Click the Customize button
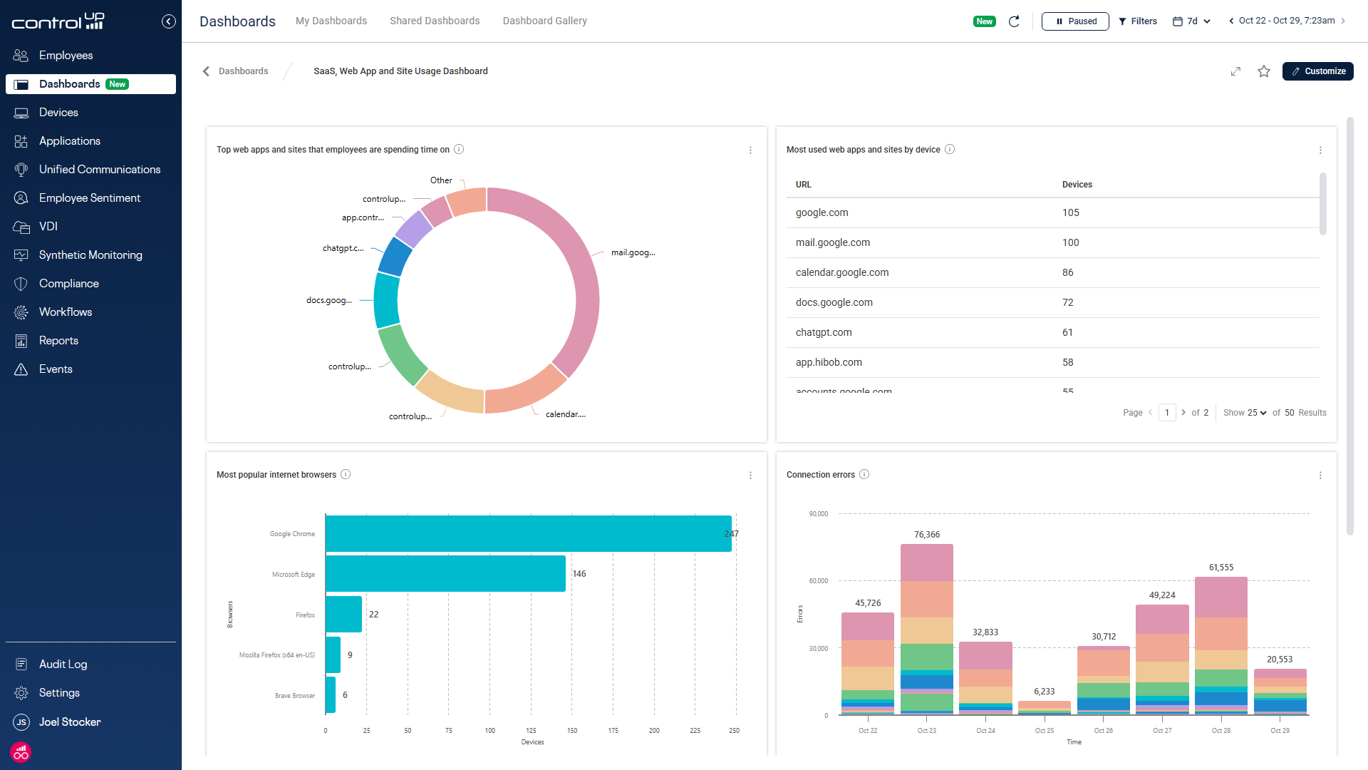[1317, 71]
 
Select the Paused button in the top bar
[1074, 21]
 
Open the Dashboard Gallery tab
[544, 21]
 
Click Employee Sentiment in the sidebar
[89, 198]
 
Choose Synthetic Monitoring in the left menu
[90, 255]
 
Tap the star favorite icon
[1263, 71]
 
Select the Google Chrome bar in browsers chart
[527, 534]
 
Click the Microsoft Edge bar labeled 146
[445, 574]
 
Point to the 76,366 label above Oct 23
[926, 535]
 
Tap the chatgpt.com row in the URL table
[824, 333]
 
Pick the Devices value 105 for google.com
[1070, 213]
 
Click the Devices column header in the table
[1077, 185]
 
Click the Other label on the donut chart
[441, 180]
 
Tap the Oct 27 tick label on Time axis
[1161, 731]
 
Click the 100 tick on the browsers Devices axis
[490, 731]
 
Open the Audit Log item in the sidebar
[63, 664]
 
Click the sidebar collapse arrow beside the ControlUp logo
[168, 21]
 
